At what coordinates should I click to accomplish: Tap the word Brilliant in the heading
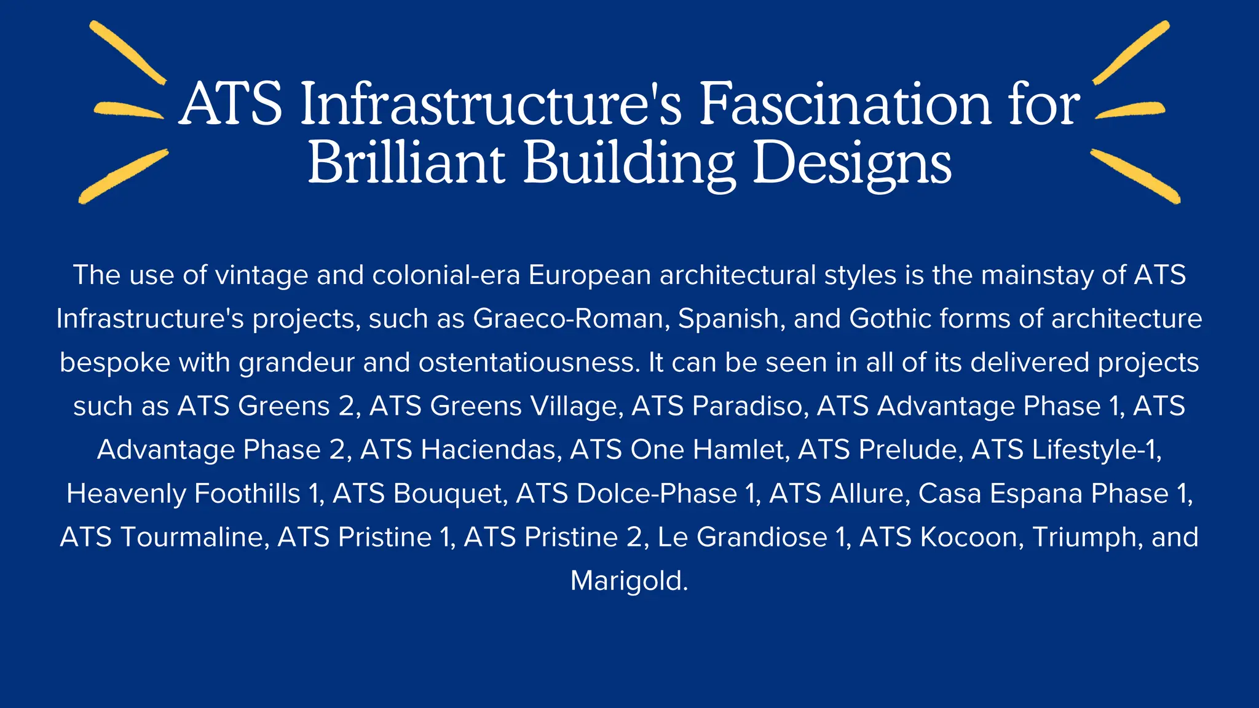pos(406,163)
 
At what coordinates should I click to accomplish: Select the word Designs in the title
pos(852,163)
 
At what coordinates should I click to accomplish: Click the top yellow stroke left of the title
pos(127,52)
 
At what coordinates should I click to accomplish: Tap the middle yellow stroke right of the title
pos(1130,109)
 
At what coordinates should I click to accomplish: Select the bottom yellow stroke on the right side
pos(1135,176)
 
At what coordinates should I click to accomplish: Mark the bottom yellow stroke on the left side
pos(123,176)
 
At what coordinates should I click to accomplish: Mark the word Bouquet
pos(450,494)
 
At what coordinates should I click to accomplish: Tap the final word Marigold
pos(628,581)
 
